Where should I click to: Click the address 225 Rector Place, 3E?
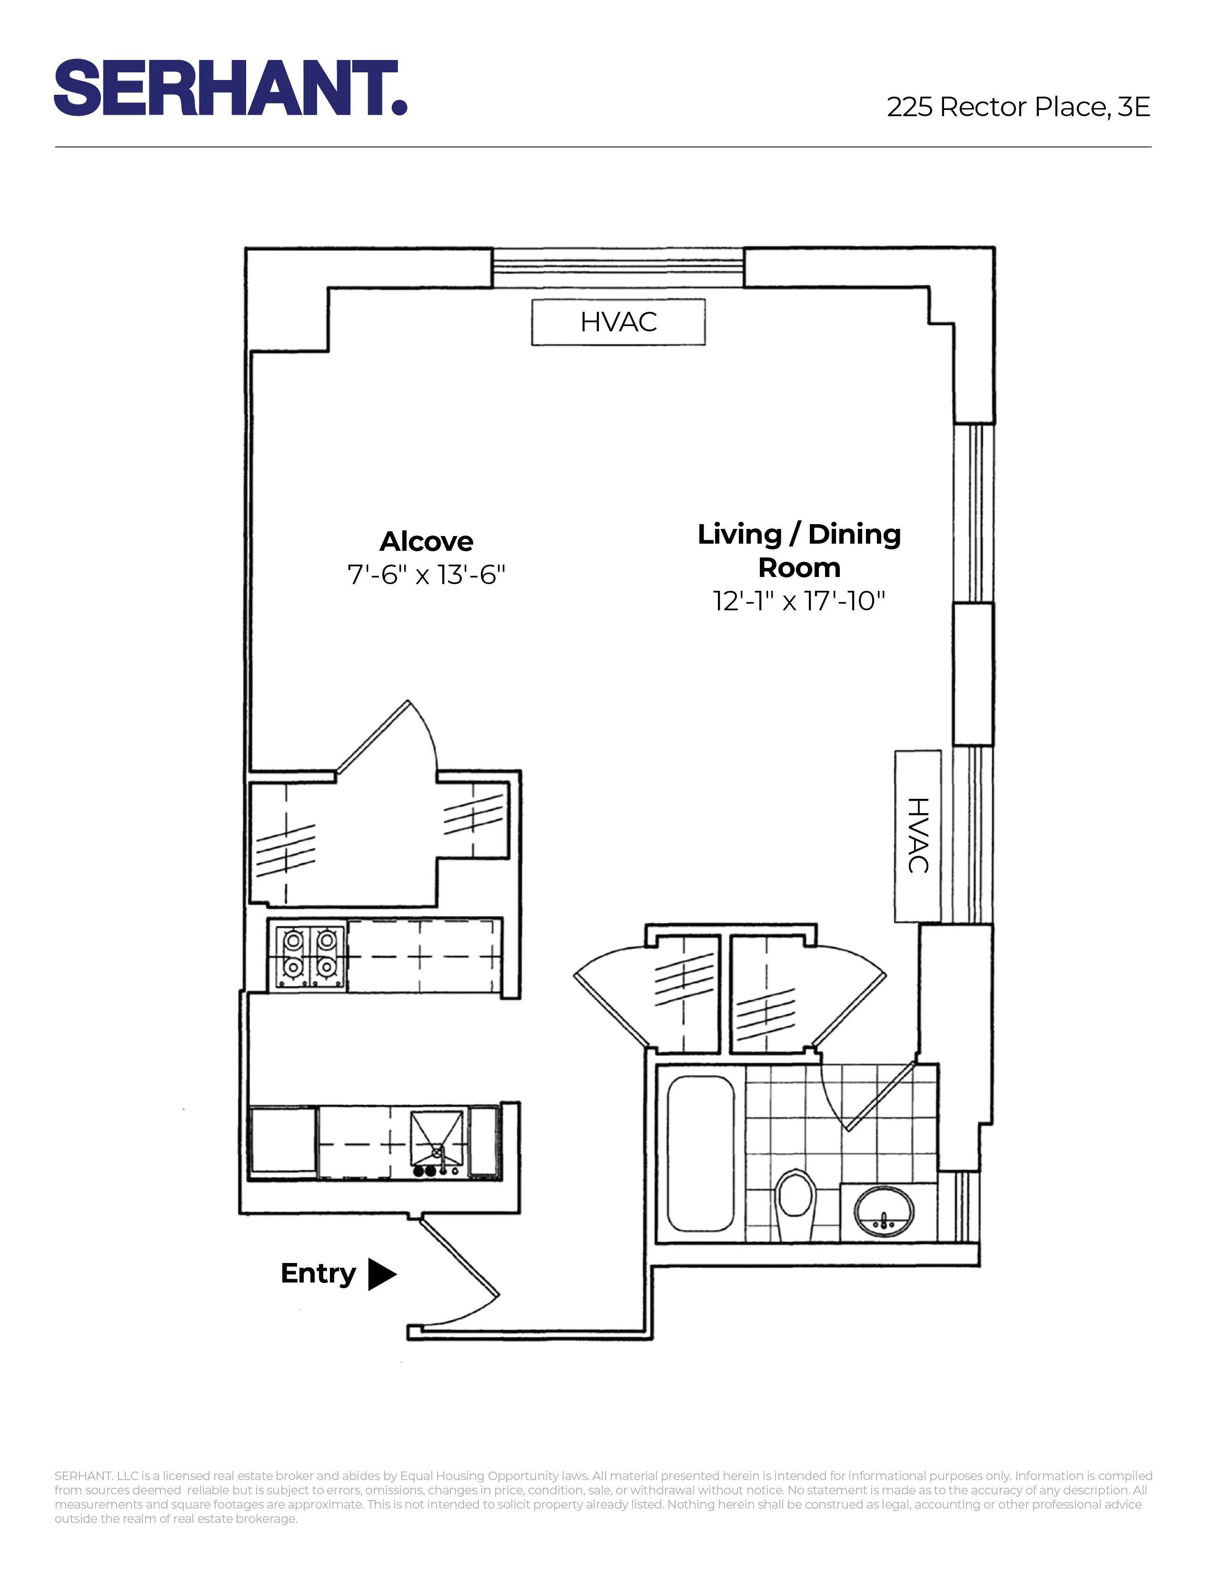point(1018,107)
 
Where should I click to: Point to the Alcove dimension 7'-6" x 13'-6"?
point(427,575)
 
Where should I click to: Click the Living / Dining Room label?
point(799,550)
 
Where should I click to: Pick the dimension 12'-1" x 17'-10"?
point(799,601)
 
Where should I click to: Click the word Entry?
point(318,1273)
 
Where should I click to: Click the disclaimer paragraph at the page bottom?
point(603,1497)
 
